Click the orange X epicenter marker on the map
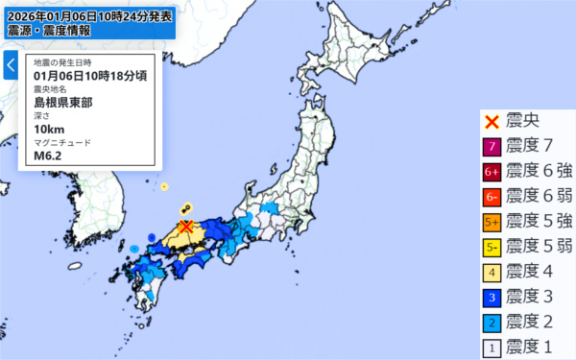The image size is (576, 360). click(x=186, y=226)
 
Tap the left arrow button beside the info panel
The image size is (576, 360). click(x=11, y=65)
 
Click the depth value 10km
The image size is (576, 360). click(x=48, y=129)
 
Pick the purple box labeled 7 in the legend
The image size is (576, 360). click(x=491, y=147)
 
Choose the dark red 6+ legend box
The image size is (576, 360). click(x=491, y=172)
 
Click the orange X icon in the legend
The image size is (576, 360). click(x=491, y=122)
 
